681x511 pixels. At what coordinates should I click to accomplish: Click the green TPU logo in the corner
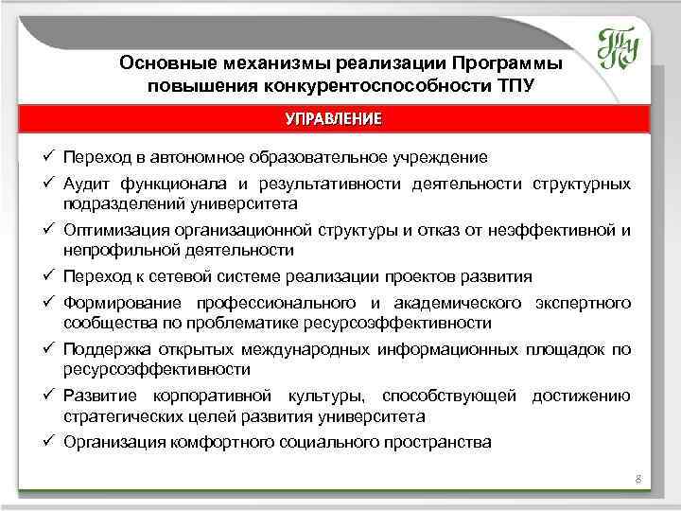[x=619, y=46]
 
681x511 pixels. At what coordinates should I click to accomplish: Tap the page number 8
[x=638, y=480]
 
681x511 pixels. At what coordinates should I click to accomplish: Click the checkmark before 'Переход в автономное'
[x=47, y=157]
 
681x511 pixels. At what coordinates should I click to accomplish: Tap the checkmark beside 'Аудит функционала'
[x=47, y=184]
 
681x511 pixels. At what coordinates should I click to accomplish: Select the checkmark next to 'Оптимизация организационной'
[x=47, y=230]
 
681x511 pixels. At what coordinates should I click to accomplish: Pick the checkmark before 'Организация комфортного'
[x=47, y=442]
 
